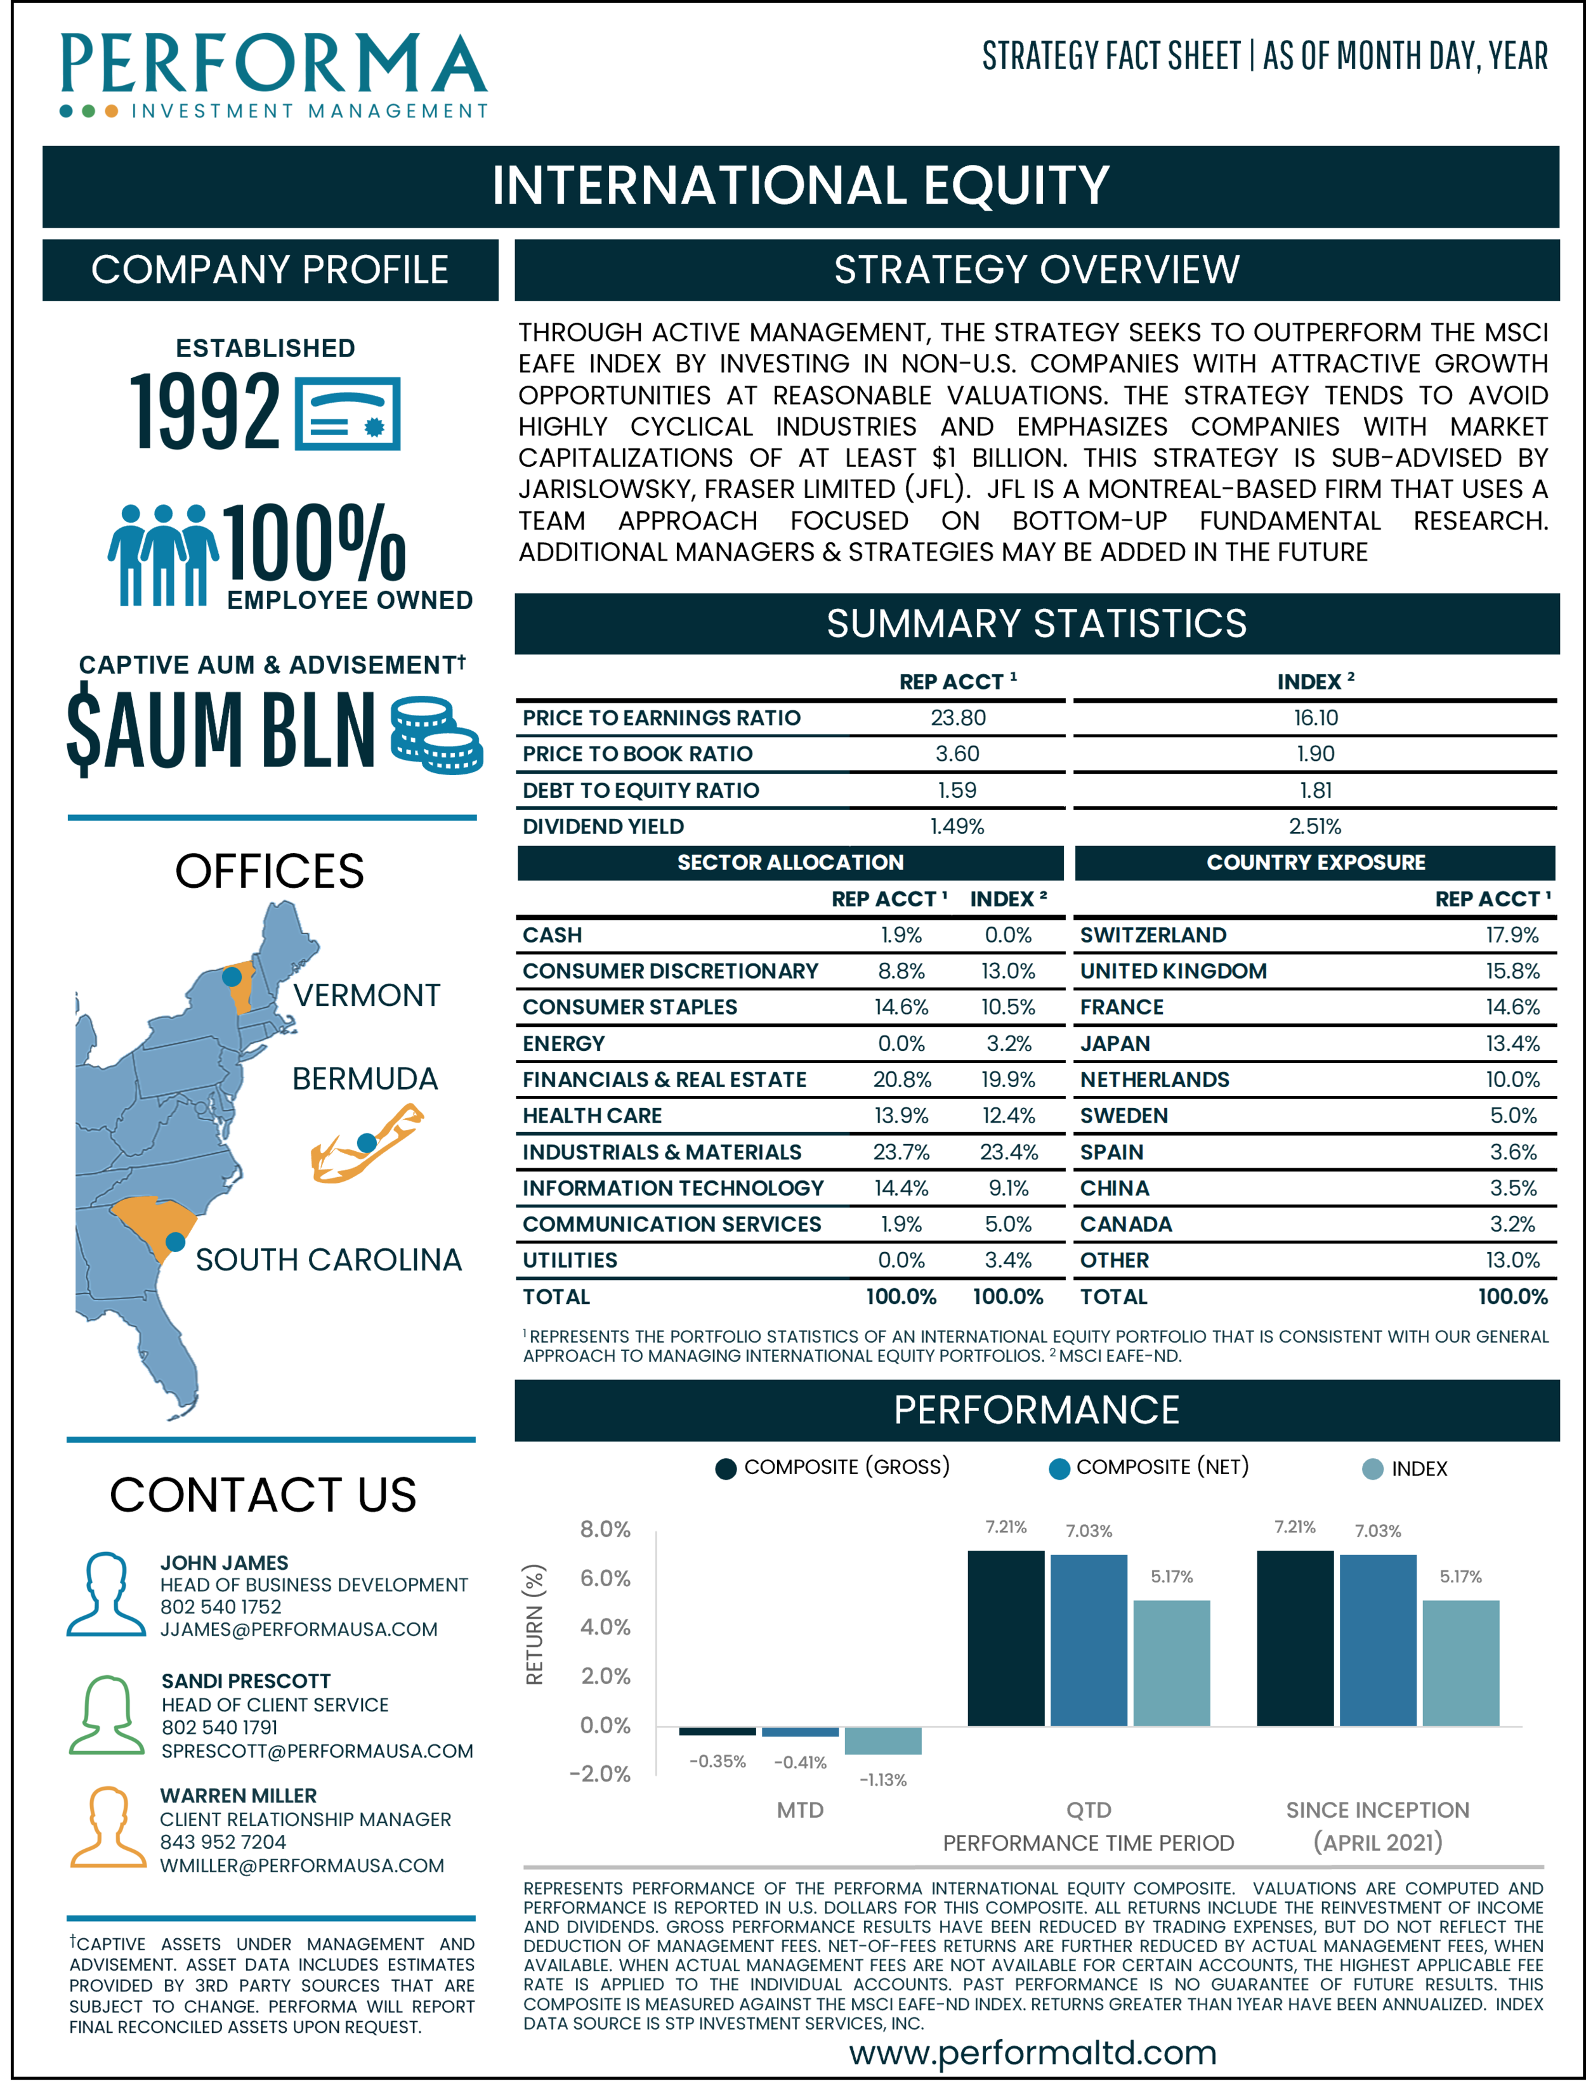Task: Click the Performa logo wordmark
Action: [273, 64]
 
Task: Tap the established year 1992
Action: [204, 412]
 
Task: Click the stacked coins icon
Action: [436, 735]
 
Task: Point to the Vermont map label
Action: [366, 995]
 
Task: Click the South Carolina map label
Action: [329, 1260]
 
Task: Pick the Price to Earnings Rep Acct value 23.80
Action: [958, 718]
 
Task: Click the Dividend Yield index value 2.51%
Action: [1314, 827]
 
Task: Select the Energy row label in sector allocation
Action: [563, 1044]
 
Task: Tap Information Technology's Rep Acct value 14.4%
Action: [901, 1189]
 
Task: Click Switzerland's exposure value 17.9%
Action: [1511, 936]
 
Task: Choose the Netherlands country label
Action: [1155, 1079]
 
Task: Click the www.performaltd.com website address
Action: [1032, 2053]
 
